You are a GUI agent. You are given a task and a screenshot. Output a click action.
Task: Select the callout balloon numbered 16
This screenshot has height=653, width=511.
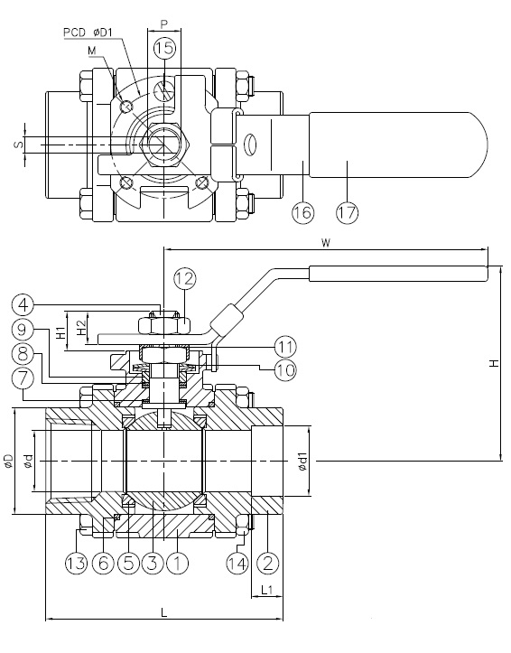303,212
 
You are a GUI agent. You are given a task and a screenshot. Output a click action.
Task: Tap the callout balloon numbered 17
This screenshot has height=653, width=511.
346,212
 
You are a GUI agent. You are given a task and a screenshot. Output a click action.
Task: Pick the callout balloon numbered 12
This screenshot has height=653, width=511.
184,280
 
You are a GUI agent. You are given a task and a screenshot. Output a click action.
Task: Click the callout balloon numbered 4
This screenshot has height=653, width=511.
25,304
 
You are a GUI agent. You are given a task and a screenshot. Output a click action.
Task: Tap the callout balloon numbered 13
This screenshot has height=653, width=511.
77,564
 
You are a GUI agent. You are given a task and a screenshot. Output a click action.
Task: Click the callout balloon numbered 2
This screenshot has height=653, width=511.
268,564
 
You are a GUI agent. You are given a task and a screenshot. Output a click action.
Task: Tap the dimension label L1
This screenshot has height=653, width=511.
266,590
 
